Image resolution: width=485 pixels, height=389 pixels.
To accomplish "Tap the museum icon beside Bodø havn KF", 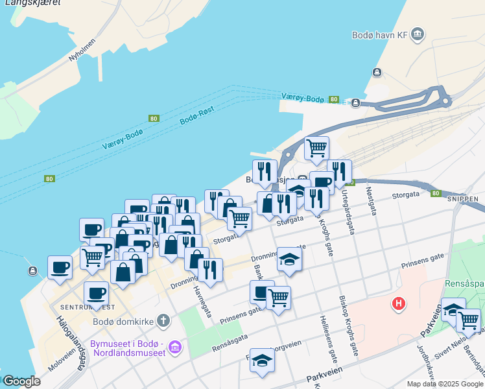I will point(418,34).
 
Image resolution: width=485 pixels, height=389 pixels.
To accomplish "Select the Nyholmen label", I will point(82,50).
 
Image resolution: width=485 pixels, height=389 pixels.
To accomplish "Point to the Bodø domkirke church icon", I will point(163,320).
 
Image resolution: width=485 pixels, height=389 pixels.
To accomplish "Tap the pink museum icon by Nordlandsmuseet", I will point(174,348).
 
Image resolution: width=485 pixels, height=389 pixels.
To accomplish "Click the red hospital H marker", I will point(399,303).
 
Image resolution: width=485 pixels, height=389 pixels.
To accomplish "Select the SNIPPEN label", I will point(462,199).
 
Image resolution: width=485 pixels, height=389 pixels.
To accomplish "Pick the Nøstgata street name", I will point(370,199).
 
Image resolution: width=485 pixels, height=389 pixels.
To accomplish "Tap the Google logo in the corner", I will point(21,381).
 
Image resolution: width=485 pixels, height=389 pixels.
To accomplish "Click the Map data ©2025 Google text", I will point(445,384).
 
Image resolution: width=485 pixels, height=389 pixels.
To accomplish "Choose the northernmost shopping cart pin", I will point(316,148).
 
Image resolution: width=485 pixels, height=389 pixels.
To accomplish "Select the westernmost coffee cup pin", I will point(60,266).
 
